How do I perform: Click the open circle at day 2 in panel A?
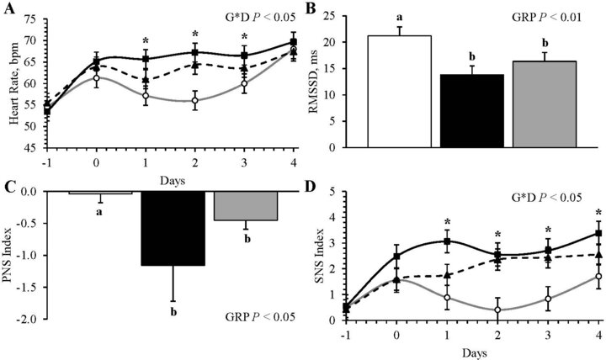(195, 101)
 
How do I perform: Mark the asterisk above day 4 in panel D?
(598, 212)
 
